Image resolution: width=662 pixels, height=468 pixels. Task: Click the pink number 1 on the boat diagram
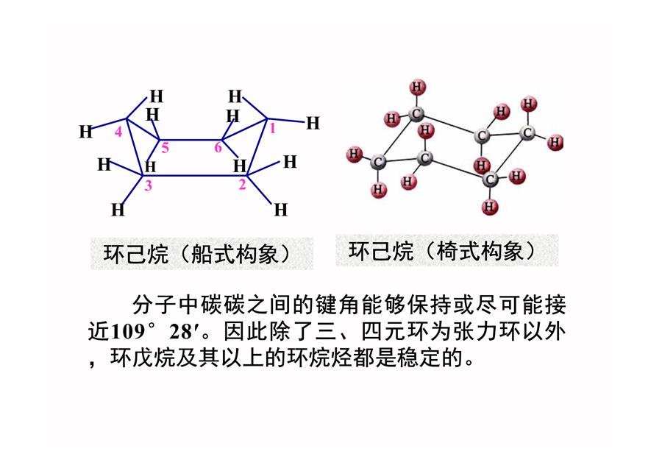[272, 128]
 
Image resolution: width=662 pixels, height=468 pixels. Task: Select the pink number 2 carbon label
[242, 184]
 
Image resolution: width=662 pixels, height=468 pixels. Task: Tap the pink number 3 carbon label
[148, 185]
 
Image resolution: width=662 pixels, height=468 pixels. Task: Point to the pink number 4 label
[118, 132]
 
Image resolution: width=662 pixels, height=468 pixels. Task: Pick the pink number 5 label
[165, 147]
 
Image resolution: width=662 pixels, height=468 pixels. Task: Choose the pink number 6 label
[218, 147]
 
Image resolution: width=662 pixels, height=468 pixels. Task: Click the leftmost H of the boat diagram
[86, 132]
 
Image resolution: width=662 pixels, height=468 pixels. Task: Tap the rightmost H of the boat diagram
[313, 123]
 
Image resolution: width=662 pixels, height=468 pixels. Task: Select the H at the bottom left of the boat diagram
[118, 210]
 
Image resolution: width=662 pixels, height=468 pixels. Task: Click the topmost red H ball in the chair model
[418, 87]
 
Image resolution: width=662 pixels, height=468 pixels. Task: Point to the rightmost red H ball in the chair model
[555, 142]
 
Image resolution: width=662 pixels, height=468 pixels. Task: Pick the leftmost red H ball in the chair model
[354, 155]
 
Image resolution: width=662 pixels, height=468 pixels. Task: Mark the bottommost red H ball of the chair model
[489, 207]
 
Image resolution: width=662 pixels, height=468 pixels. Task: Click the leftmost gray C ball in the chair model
[378, 162]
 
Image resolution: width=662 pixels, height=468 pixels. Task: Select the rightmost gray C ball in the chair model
[527, 133]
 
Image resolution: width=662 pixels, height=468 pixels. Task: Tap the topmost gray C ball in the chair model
[417, 113]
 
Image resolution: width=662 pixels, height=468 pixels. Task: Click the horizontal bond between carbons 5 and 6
[191, 139]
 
